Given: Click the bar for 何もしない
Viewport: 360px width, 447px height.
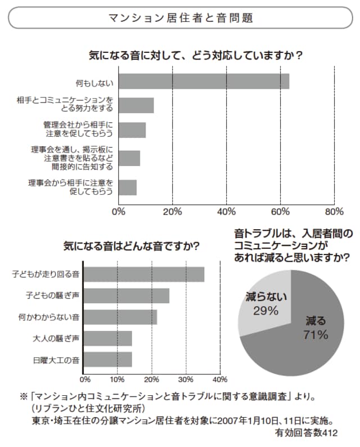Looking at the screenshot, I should pos(204,81).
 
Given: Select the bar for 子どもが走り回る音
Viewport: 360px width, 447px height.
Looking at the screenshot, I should pos(145,274).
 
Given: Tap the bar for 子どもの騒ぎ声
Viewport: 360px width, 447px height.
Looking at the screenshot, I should pos(127,296).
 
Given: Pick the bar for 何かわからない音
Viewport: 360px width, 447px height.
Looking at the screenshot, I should pos(121,317).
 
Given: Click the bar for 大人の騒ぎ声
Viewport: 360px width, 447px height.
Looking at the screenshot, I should pos(109,338).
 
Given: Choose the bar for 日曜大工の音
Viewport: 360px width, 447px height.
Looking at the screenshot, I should pos(109,359).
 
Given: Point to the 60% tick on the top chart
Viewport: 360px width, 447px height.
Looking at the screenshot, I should pos(280,212).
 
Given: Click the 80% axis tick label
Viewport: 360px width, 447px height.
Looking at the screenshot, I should pos(334,212).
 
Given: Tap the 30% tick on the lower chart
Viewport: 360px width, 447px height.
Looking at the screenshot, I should pos(186,378).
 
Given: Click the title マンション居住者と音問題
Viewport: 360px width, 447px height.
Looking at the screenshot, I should pos(180,18).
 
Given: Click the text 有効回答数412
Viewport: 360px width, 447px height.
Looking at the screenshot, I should pos(307,433).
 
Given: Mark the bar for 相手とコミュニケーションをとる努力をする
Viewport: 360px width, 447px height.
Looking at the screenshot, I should pos(136,105).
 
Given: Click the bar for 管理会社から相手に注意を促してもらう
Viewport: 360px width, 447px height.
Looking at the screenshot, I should pos(132,130).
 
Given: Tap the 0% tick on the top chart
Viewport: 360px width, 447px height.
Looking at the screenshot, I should pos(118,212).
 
